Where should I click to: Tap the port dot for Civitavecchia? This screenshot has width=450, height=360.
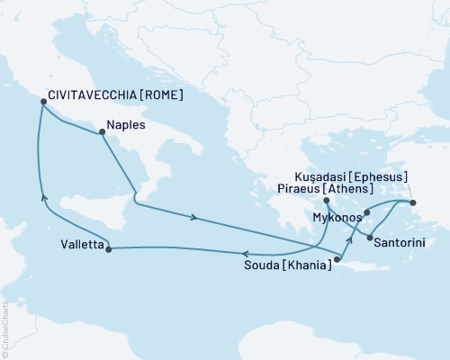[x=42, y=103]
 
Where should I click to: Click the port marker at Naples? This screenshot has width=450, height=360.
[x=101, y=132]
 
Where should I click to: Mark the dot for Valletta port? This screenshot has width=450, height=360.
[x=108, y=249]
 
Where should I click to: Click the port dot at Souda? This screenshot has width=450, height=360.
[x=337, y=261]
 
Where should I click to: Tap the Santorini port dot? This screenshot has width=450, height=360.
[x=370, y=237]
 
